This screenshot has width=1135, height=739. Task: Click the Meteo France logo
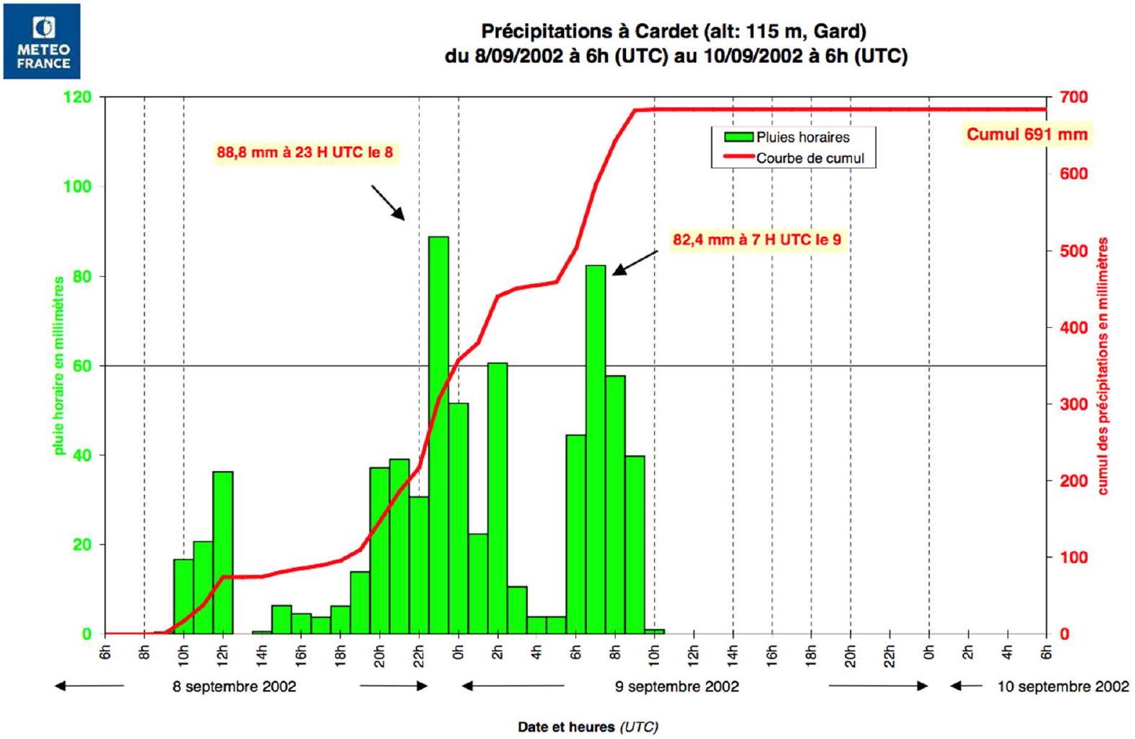coord(42,41)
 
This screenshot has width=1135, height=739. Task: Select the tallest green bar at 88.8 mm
coord(438,435)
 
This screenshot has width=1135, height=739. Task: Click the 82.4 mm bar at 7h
coord(596,449)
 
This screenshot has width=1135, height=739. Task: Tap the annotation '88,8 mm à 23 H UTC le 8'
coord(305,152)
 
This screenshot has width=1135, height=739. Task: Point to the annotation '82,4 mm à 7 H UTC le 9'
coord(757,239)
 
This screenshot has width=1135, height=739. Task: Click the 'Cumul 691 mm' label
coord(1027,134)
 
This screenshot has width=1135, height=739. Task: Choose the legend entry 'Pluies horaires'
coord(788,137)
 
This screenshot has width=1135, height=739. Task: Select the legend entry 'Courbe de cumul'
coord(794,158)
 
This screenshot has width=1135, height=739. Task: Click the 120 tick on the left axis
coord(77,97)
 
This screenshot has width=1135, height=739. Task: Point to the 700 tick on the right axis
coord(1074,97)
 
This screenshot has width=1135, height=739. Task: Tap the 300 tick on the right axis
coord(1074,404)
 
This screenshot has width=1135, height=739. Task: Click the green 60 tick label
coord(82,366)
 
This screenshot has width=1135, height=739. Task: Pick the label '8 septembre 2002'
coord(234,686)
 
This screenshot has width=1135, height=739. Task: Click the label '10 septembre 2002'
coord(1063,686)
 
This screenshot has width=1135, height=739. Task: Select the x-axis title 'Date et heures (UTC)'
coord(588,727)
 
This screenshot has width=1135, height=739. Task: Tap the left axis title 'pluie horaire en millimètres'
coord(59,366)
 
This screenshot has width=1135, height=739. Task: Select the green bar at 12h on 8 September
coord(223,553)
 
